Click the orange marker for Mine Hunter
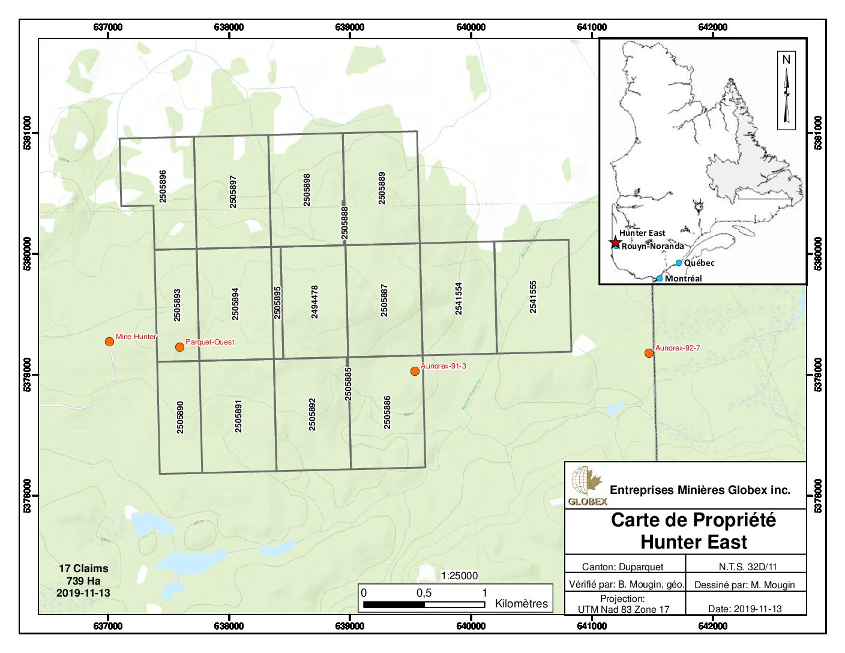[x=109, y=342]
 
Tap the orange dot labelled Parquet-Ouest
[x=179, y=347]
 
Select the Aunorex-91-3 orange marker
[x=415, y=371]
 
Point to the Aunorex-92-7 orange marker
[x=649, y=353]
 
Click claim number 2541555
[x=533, y=296]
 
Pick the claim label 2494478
[x=314, y=301]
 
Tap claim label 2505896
[x=163, y=185]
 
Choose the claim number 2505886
[x=387, y=412]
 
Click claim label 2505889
[x=382, y=188]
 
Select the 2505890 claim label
[x=180, y=417]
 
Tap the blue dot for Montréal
[x=660, y=278]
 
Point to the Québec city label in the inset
[x=699, y=263]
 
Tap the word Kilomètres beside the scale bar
[x=521, y=603]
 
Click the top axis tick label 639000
[x=350, y=27]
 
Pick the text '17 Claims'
[x=83, y=568]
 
